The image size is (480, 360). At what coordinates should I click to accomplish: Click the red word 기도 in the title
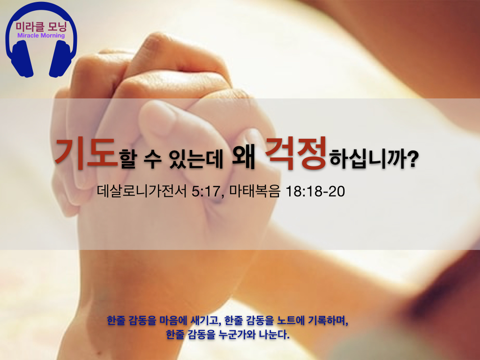(86, 153)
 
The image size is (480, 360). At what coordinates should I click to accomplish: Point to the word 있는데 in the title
(196, 159)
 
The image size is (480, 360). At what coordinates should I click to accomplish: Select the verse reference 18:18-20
(315, 191)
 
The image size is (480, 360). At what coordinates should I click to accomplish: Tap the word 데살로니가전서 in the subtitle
(142, 191)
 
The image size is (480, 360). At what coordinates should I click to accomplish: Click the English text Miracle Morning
(41, 36)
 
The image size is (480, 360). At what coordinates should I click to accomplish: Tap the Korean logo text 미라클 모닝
(41, 27)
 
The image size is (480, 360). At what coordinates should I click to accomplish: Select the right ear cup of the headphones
(60, 58)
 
